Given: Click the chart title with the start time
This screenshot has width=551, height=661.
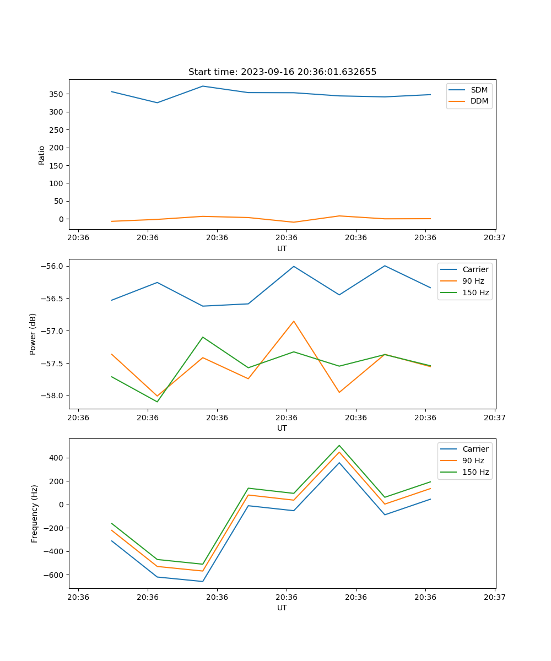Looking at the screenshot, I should coord(282,72).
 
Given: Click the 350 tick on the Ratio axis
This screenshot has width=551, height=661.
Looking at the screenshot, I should coord(57,94).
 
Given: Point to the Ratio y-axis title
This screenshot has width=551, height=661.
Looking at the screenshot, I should coord(42,155).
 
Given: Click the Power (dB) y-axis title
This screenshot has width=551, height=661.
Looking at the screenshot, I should coord(33,334).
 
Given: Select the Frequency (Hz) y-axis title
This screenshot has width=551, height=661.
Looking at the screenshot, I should coord(35,513).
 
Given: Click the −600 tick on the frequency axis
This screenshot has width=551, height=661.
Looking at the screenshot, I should coord(53,575).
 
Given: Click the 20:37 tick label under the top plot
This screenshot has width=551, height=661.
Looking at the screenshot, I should coord(495,237).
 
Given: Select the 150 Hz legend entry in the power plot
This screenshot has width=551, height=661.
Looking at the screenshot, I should coord(476,292).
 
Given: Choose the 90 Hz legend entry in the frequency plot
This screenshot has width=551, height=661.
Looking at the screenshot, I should coord(473,460).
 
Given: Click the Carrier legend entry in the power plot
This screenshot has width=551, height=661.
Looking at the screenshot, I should coord(476,269).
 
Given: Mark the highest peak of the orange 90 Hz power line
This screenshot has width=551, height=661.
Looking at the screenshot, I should coord(294,321).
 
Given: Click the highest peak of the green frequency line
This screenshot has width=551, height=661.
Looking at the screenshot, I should coord(339,445).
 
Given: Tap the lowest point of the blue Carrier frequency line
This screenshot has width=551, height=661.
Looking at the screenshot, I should coord(203,581).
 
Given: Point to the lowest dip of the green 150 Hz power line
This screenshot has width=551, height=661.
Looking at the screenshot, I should coord(157,402).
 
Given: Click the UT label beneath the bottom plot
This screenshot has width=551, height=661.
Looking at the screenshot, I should coord(282,608).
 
